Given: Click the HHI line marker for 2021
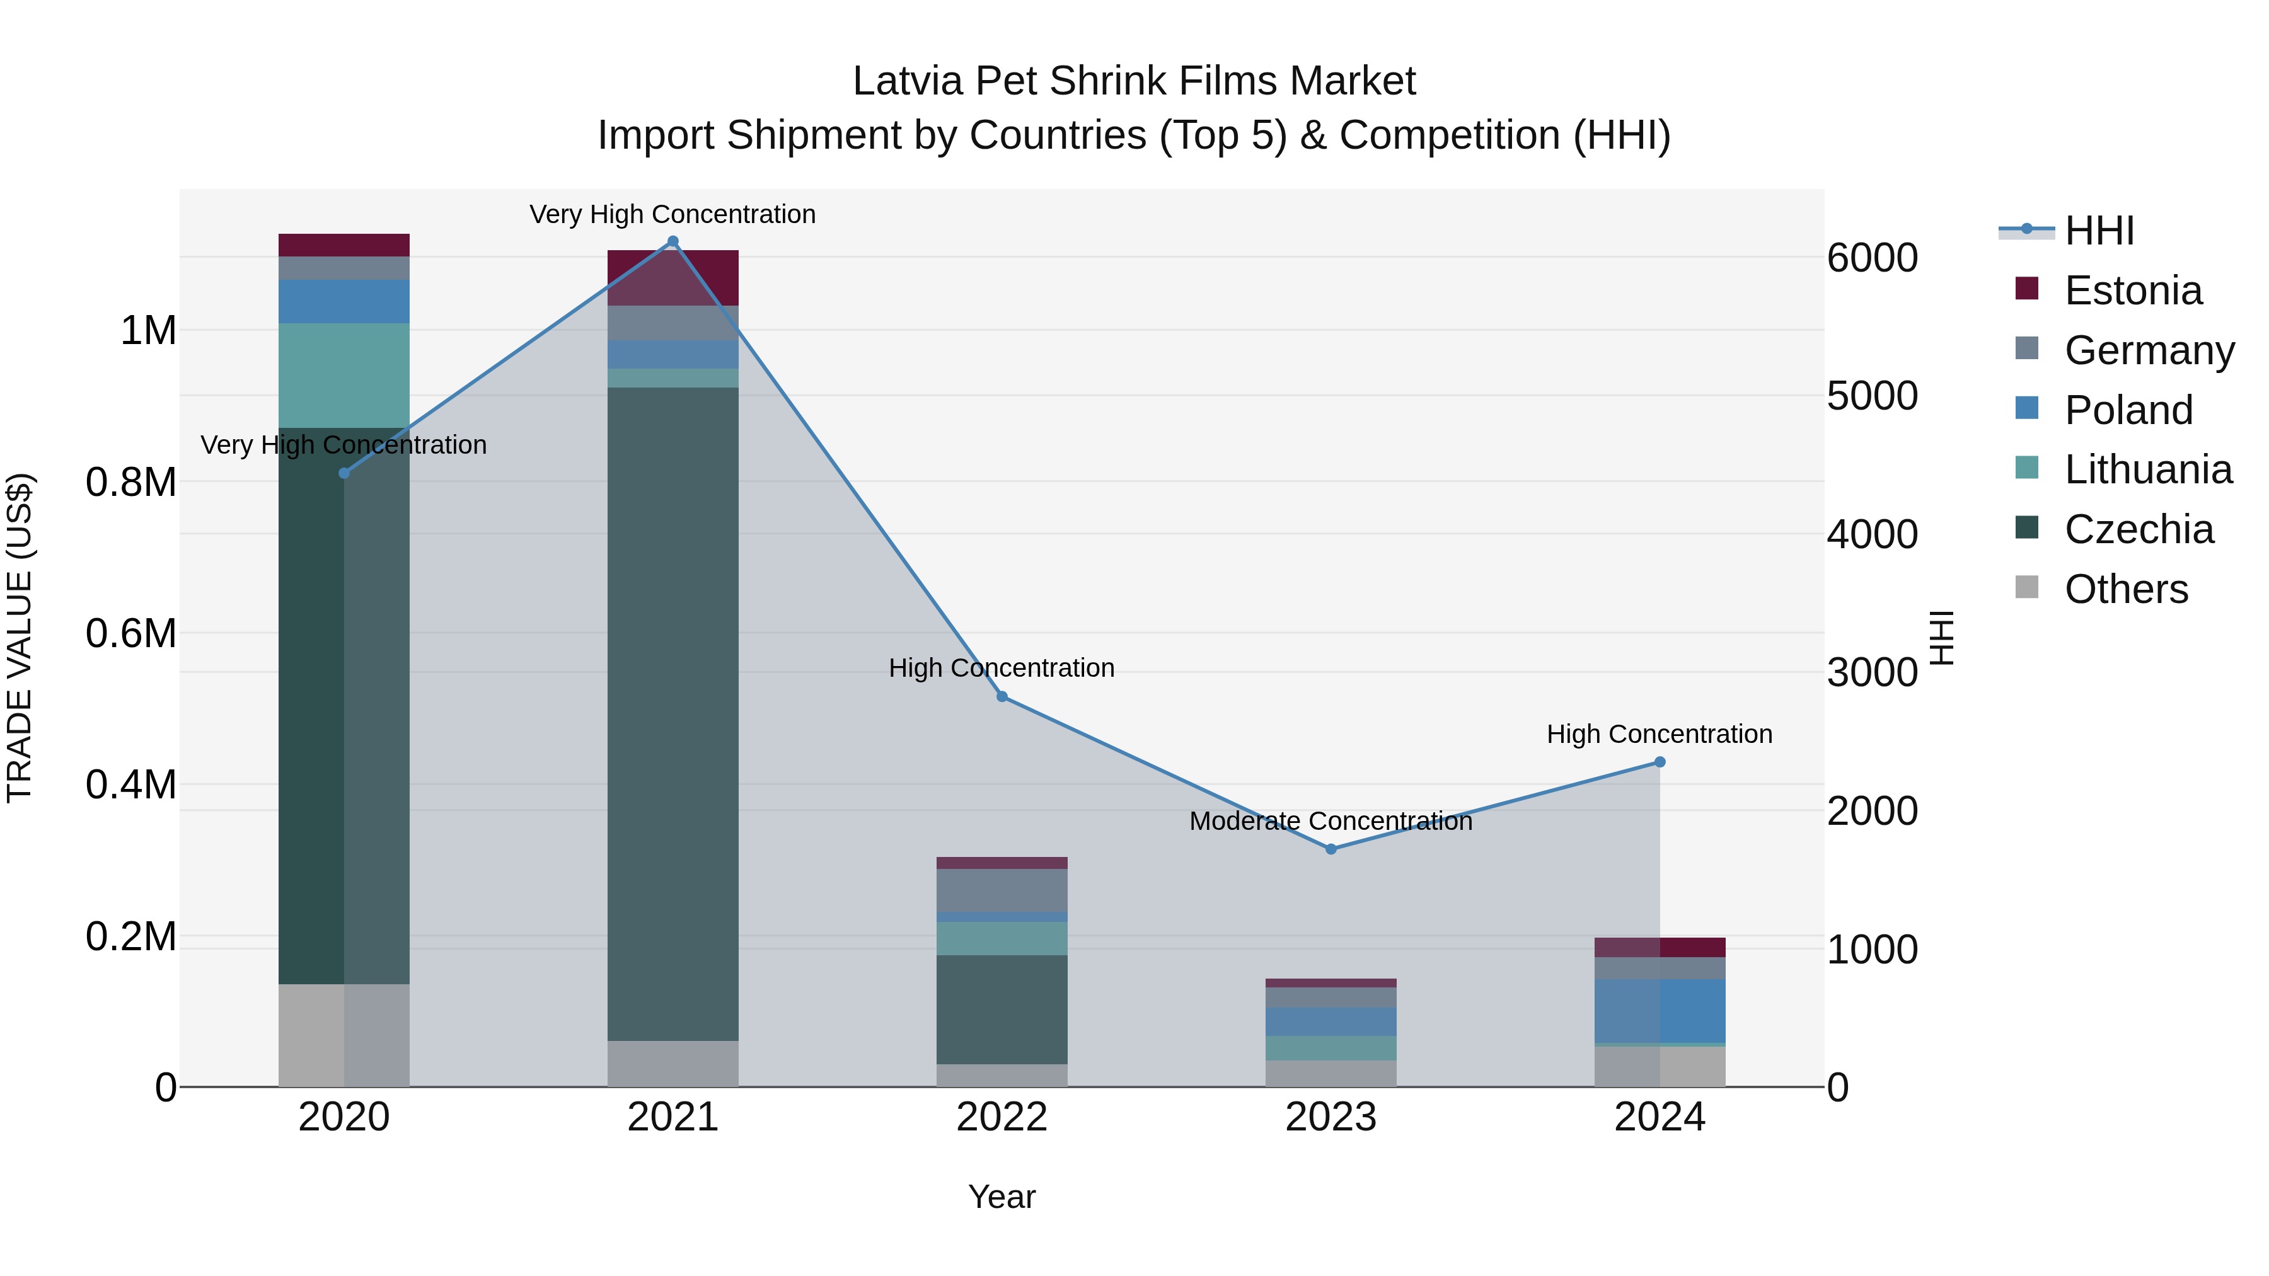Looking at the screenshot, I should [x=673, y=241].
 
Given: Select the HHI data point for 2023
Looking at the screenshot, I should [x=1331, y=849].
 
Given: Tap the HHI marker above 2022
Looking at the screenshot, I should [x=1002, y=696].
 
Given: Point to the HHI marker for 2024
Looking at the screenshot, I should [x=1660, y=762].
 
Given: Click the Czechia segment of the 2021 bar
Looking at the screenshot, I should [x=673, y=713].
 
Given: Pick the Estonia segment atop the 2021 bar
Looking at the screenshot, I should [x=673, y=277].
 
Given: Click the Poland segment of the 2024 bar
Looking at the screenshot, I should [x=1660, y=1010].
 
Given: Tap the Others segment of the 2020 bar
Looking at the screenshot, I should [x=344, y=1035].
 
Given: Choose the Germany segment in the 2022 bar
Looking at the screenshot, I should [x=1002, y=889].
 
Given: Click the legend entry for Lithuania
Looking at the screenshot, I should [x=2147, y=469].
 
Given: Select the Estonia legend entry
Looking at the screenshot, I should [x=2132, y=290].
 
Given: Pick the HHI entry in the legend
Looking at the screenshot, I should [x=2098, y=231].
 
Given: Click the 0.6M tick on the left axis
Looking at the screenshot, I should [x=131, y=634].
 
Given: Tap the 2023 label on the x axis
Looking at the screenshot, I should [x=1331, y=1117].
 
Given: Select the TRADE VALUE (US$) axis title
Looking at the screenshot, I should [x=20, y=638].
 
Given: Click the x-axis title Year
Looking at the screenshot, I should [x=1002, y=1197].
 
